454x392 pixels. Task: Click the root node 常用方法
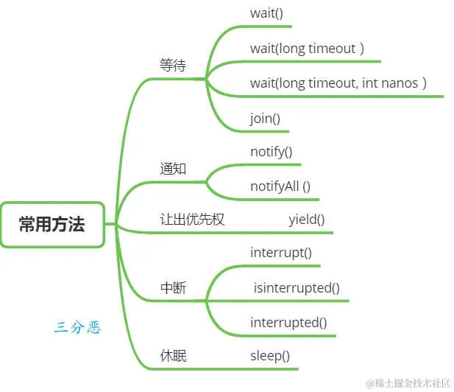52,224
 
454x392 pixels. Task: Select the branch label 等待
174,65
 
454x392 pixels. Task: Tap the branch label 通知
174,169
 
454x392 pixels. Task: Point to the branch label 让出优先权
192,219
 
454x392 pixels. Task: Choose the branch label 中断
174,288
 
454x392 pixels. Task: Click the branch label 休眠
174,356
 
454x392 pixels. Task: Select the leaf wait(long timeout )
307,49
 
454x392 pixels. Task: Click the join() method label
266,117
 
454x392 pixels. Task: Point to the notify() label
272,152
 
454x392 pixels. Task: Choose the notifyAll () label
280,186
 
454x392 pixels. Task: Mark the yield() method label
307,219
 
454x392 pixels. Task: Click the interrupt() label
281,253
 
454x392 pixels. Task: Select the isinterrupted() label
297,287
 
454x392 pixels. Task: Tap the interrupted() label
288,322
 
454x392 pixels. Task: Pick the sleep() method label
270,356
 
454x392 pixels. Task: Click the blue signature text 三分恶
77,327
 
